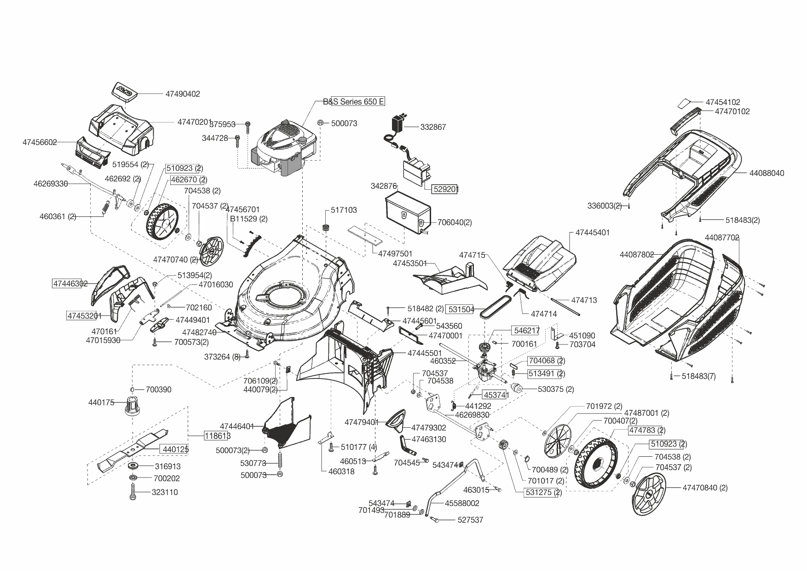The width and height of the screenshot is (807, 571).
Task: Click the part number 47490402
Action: (x=183, y=94)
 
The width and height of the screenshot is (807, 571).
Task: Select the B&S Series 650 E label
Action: (x=353, y=102)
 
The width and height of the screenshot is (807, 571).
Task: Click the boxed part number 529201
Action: (x=445, y=189)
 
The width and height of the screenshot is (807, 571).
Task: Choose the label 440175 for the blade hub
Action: (x=101, y=402)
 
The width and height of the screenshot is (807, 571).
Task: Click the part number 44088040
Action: (x=767, y=173)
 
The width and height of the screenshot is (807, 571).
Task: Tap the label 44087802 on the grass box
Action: (x=636, y=255)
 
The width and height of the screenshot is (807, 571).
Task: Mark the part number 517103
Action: (x=344, y=210)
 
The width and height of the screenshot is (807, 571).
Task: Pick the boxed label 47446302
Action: (x=70, y=284)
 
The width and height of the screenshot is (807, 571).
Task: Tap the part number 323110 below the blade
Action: (x=165, y=492)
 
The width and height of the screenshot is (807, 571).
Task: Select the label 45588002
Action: (x=462, y=503)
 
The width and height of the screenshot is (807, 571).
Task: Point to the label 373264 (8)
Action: (x=222, y=357)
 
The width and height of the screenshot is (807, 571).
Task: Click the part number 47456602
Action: (x=40, y=143)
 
